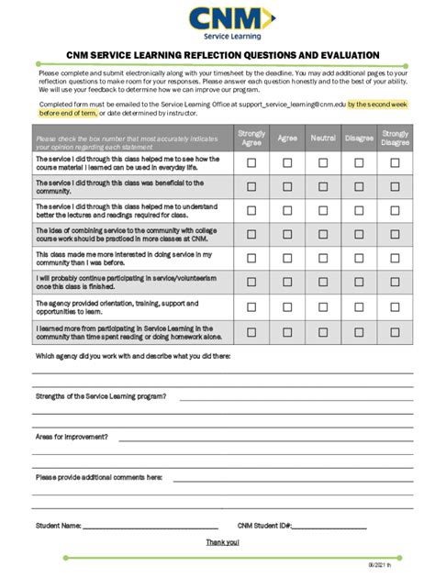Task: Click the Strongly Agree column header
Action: pyautogui.click(x=251, y=138)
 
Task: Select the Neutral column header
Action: pyautogui.click(x=323, y=138)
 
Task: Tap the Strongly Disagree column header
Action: pyautogui.click(x=396, y=138)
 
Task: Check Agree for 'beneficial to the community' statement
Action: pyautogui.click(x=287, y=186)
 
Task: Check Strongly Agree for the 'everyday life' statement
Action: pyautogui.click(x=251, y=162)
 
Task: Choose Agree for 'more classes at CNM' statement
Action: pyautogui.click(x=287, y=234)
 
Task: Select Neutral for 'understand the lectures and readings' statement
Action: pyautogui.click(x=323, y=210)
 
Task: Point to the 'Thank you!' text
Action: pyautogui.click(x=222, y=543)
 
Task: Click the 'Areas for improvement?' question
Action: pyautogui.click(x=72, y=437)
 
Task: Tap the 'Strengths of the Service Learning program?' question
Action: pyautogui.click(x=101, y=396)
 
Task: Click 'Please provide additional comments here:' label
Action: pyautogui.click(x=99, y=477)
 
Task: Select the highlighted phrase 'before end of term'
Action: pyautogui.click(x=68, y=113)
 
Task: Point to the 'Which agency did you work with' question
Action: pyautogui.click(x=133, y=356)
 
